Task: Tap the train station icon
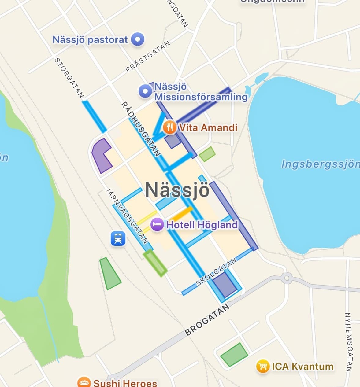pos(118,238)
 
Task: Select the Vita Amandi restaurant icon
pos(169,127)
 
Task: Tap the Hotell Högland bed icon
pos(158,225)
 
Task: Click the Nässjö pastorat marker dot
pos(138,39)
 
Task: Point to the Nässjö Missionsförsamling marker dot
pos(145,91)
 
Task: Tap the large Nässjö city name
pos(177,190)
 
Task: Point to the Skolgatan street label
pos(216,272)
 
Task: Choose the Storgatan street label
pos(69,78)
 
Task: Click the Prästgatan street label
pos(148,57)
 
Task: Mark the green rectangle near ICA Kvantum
pos(234,355)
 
